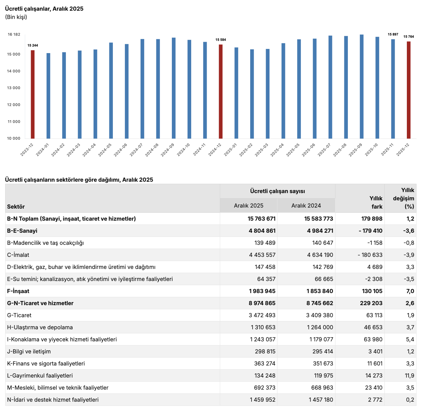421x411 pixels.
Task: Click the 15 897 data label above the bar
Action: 393,34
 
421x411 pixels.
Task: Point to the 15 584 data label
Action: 221,40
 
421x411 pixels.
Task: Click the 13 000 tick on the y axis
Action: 14,88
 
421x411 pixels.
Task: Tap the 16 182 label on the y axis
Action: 14,34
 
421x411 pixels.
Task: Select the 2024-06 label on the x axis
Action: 121,150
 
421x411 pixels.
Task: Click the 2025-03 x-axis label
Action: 262,150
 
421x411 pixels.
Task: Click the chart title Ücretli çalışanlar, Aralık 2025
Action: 44,9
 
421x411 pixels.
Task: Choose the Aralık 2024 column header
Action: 306,205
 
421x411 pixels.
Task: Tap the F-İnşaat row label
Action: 18,291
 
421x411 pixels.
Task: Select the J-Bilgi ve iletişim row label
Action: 29,351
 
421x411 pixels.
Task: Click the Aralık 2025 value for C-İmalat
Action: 262,255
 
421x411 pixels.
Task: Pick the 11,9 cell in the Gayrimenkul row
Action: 410,375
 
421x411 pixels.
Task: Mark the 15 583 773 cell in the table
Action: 319,219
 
